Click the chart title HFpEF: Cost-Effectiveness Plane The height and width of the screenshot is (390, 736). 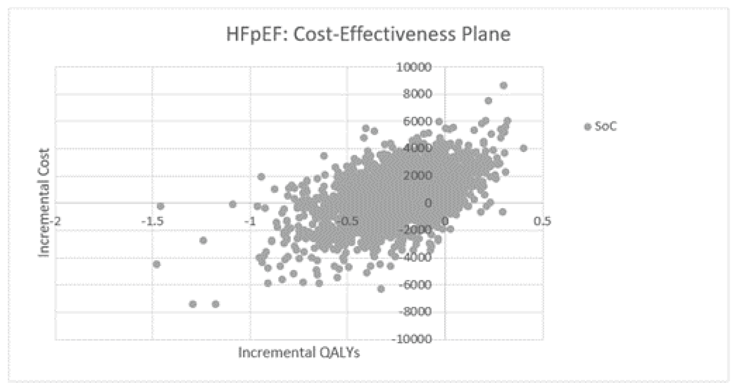click(x=368, y=35)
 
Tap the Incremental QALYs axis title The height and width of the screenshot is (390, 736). click(x=299, y=352)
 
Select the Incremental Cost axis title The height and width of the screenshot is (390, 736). click(x=44, y=202)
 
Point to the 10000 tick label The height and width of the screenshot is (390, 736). click(x=414, y=67)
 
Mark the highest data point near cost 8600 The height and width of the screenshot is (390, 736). click(x=504, y=86)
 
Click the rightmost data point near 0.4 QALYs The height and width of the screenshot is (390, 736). click(x=524, y=148)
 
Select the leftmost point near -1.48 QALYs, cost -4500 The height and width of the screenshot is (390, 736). click(x=156, y=264)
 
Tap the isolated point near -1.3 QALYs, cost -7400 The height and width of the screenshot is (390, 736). click(x=193, y=304)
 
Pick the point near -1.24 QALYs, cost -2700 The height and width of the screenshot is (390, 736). click(x=203, y=240)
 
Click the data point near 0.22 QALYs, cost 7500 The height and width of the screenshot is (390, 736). click(x=488, y=101)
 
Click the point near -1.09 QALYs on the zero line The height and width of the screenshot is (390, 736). click(x=233, y=204)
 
